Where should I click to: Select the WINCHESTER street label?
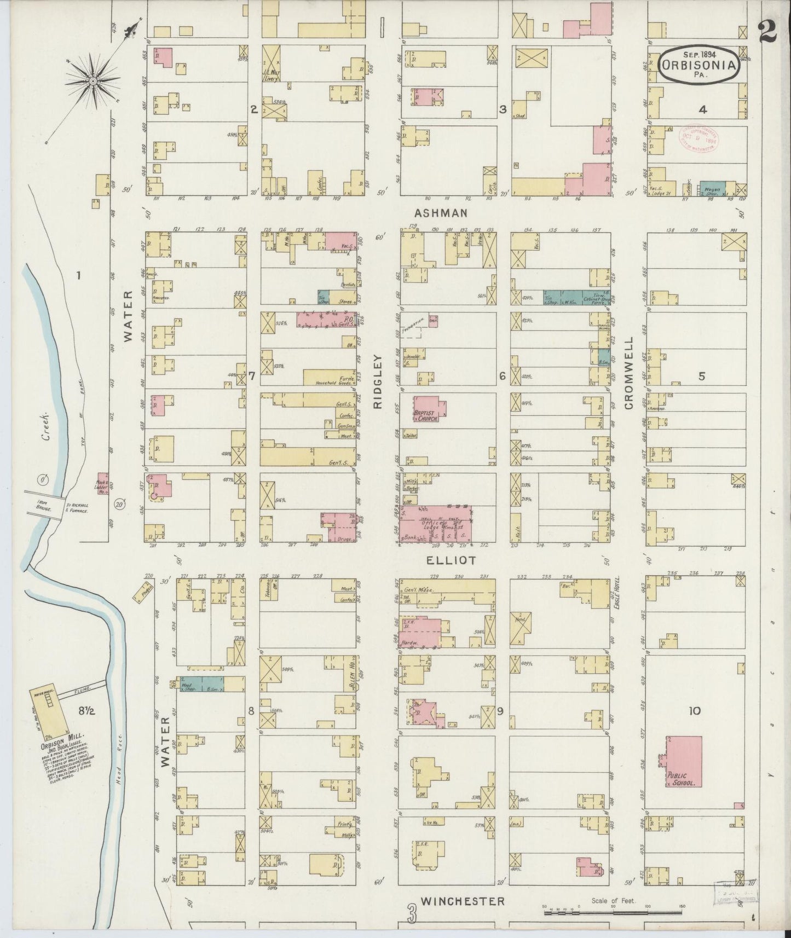[x=463, y=901]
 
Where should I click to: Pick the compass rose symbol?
[x=93, y=82]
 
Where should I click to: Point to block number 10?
[x=695, y=711]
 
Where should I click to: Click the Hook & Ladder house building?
[x=102, y=484]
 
